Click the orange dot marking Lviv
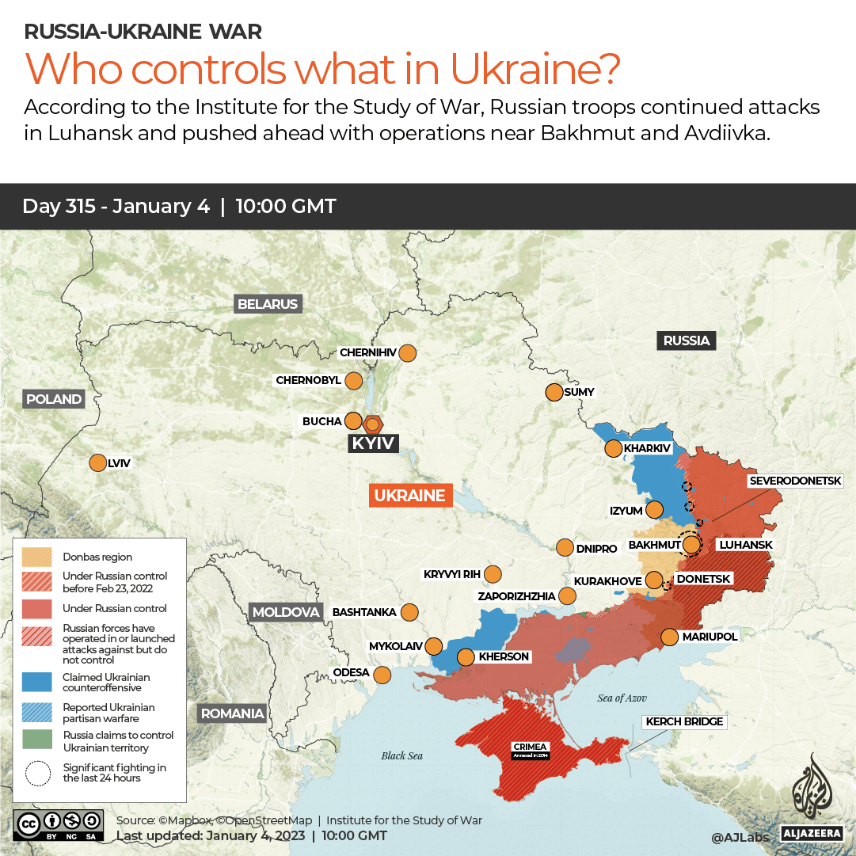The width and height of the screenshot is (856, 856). point(97,463)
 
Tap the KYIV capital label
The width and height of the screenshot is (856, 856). point(373,443)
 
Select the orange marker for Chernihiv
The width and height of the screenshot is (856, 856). point(408,352)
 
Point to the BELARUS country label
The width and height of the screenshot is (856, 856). point(268,304)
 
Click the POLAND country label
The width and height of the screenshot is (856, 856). point(54,399)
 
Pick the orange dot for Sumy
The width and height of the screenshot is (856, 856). point(553,392)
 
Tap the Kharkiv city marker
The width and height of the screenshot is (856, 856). point(613,449)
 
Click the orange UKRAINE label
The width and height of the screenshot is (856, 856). point(410,496)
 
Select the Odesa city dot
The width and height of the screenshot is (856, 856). point(382,675)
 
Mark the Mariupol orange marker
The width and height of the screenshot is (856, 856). point(669,637)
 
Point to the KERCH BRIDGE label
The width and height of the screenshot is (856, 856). point(685,721)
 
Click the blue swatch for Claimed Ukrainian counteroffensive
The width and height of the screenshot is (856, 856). point(37,683)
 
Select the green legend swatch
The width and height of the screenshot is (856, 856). point(37,741)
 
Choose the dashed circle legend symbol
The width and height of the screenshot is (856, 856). point(37,773)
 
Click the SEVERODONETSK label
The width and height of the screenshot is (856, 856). point(801,481)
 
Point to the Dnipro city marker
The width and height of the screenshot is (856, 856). point(565,548)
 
